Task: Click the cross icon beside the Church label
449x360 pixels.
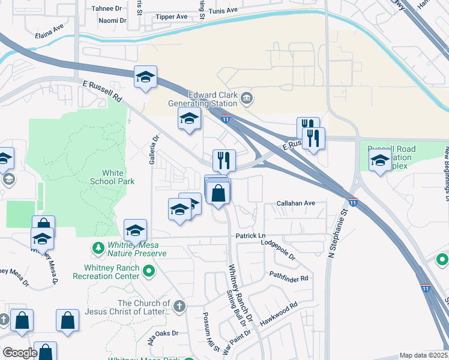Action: click(x=178, y=307)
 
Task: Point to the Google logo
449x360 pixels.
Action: click(x=20, y=353)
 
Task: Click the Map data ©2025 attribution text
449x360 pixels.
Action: click(x=424, y=355)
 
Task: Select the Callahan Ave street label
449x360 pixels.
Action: click(x=295, y=203)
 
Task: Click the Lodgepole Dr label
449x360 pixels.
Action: click(x=279, y=249)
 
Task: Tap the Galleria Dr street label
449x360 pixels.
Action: click(x=155, y=146)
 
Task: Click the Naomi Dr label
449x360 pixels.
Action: click(x=112, y=20)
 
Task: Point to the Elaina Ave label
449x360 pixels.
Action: click(x=50, y=28)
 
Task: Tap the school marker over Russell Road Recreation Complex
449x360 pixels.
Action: click(x=379, y=160)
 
